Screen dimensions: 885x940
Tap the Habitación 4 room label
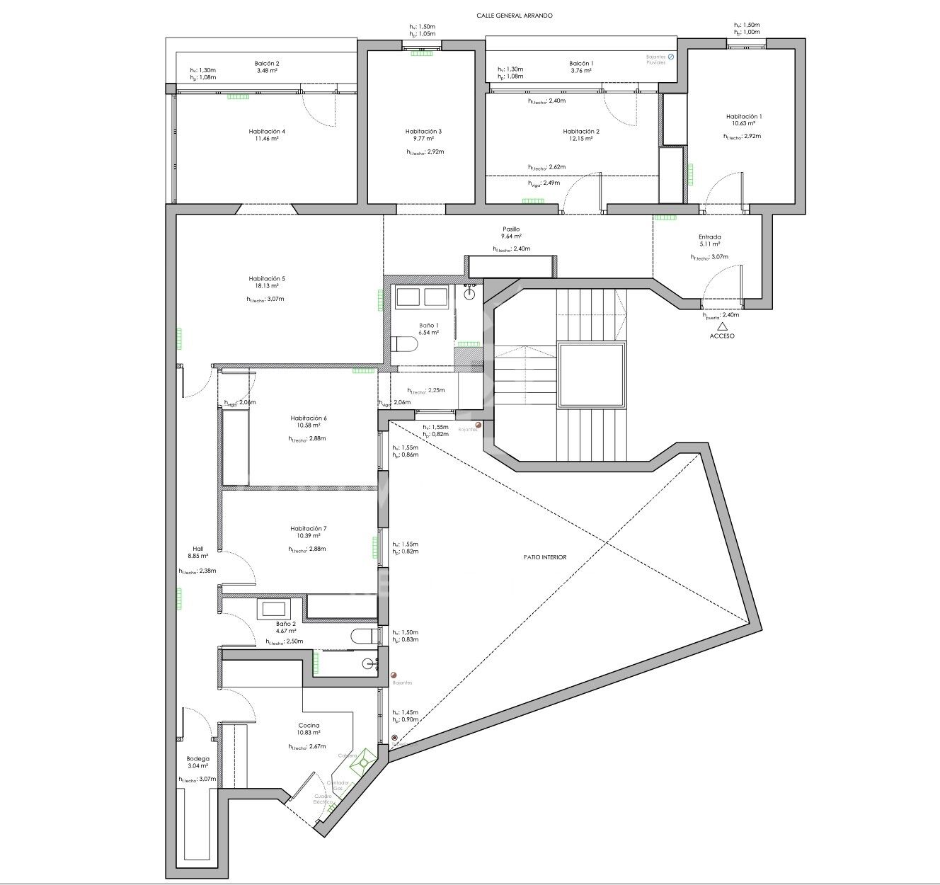[267, 132]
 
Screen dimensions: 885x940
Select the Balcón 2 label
[266, 64]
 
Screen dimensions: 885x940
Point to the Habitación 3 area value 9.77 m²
[423, 139]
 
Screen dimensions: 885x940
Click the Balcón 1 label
[581, 64]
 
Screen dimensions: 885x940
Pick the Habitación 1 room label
[744, 117]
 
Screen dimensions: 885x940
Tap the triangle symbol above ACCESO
[722, 326]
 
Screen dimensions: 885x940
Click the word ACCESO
[722, 336]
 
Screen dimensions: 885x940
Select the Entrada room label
[709, 237]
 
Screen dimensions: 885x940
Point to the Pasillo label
[511, 229]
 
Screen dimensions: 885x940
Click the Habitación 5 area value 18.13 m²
[266, 287]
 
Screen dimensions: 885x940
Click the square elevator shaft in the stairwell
[592, 375]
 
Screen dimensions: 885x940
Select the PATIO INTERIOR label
[545, 557]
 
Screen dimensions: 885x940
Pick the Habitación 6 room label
[309, 418]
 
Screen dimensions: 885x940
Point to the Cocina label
[309, 726]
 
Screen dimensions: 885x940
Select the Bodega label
[198, 759]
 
